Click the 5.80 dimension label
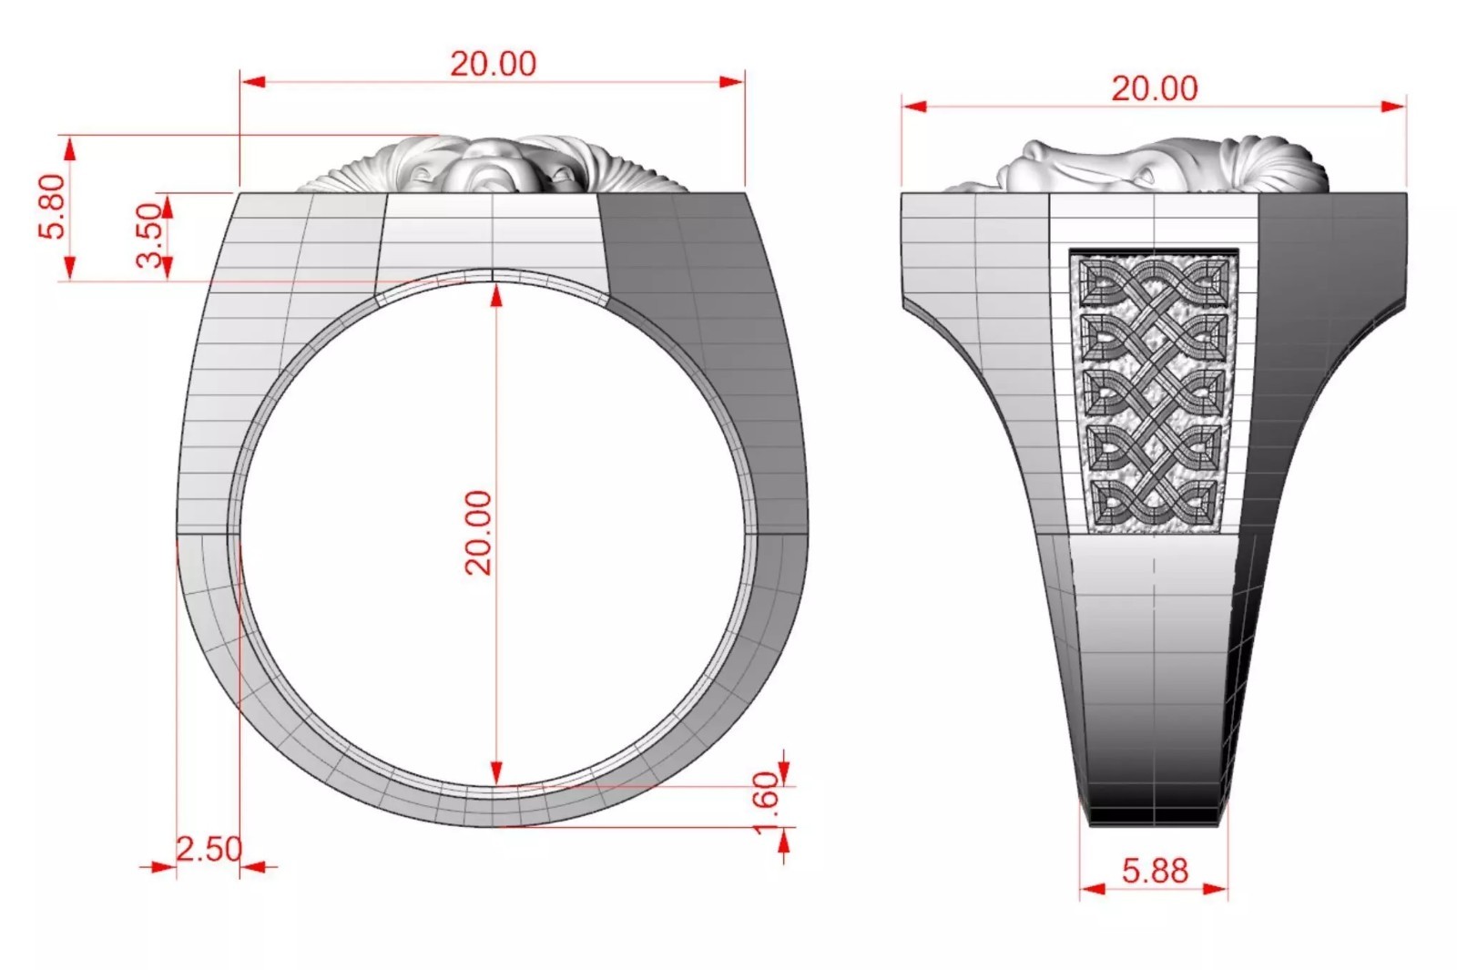pyautogui.click(x=53, y=206)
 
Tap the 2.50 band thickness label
pyautogui.click(x=209, y=849)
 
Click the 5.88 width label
pyautogui.click(x=1155, y=871)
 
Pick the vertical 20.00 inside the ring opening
pyautogui.click(x=479, y=532)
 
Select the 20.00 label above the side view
pyautogui.click(x=1154, y=88)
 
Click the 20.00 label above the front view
pyautogui.click(x=493, y=64)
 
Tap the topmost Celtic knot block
pyautogui.click(x=1154, y=282)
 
